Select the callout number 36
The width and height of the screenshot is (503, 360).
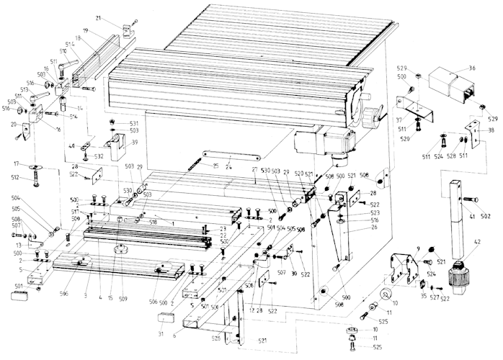471,68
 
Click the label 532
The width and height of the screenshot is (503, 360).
99,156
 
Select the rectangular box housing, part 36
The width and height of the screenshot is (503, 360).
450,84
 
